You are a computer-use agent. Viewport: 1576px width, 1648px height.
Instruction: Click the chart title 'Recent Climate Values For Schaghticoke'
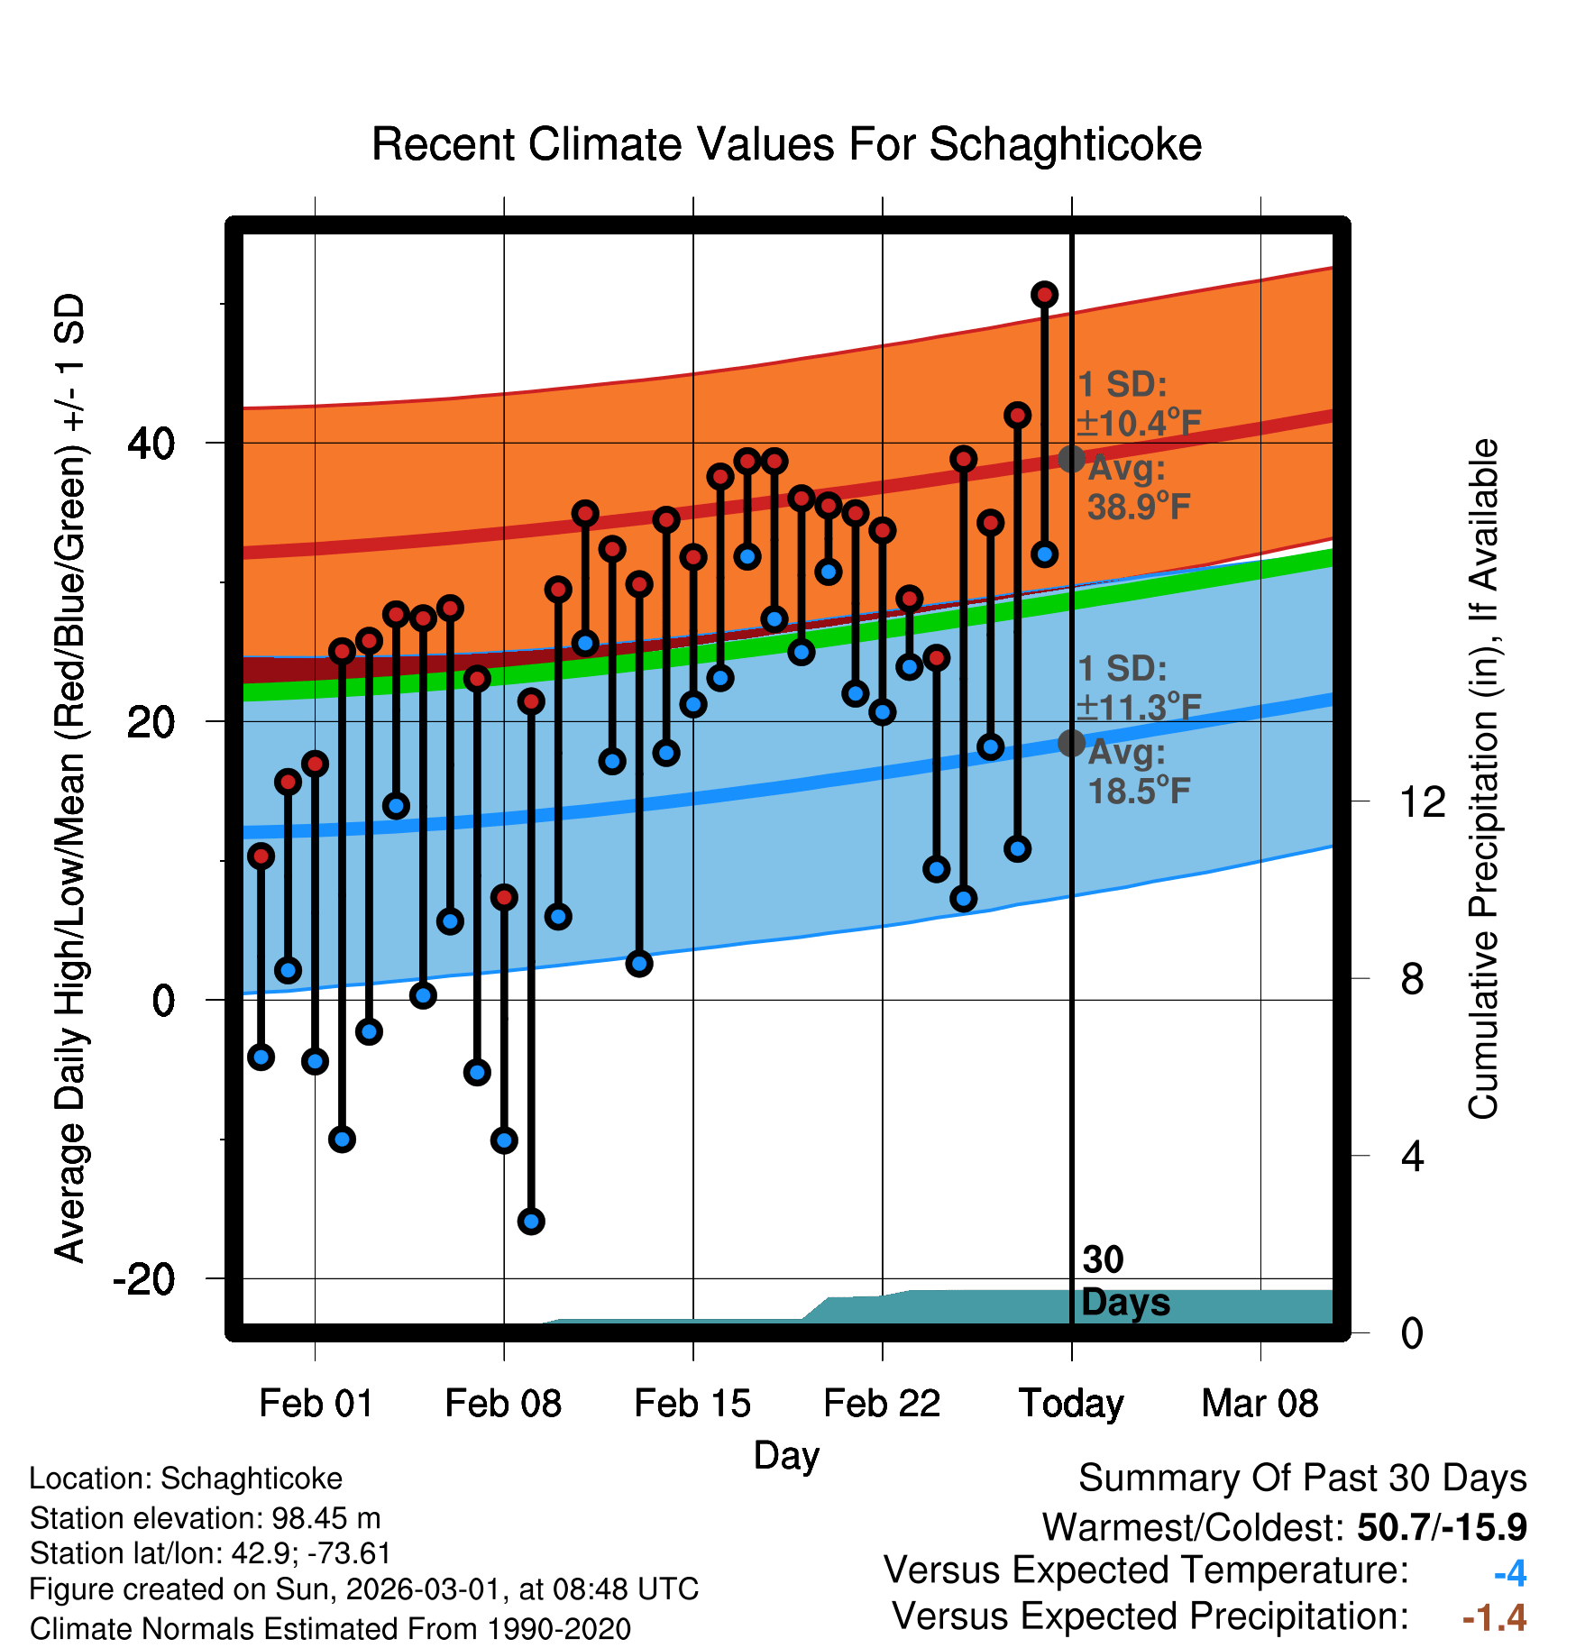click(786, 144)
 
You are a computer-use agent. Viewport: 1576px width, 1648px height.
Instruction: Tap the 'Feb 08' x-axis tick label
click(503, 1404)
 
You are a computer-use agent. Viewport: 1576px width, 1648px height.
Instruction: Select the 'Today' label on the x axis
click(1071, 1404)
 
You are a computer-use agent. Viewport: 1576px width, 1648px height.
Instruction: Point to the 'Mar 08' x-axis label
click(1260, 1404)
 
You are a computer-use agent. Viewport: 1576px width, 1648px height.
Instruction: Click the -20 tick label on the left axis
click(144, 1278)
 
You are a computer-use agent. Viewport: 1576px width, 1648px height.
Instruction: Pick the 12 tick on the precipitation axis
click(1423, 801)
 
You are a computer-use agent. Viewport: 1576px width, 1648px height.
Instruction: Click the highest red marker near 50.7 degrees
click(1044, 295)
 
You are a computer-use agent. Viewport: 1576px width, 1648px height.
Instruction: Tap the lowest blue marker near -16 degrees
click(531, 1222)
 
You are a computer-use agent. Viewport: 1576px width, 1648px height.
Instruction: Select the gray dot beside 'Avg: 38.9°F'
click(1071, 459)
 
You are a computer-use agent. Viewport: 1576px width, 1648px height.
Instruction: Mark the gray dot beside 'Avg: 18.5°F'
click(1071, 743)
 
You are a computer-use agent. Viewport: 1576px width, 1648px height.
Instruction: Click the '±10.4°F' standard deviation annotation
click(1139, 423)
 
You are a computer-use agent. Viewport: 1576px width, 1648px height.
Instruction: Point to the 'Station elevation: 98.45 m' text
click(206, 1518)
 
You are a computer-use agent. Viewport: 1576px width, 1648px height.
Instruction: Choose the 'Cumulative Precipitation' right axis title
click(1483, 779)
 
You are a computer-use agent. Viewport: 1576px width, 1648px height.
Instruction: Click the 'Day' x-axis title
click(786, 1456)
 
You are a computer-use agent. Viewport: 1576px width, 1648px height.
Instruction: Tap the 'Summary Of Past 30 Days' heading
click(1302, 1479)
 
